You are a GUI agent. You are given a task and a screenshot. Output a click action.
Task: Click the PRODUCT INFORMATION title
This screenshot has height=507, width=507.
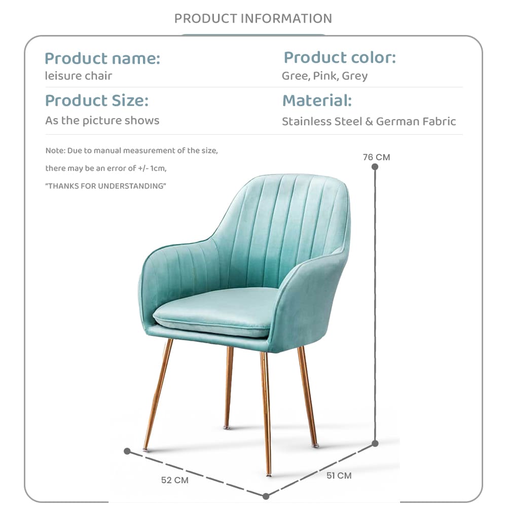pyautogui.click(x=253, y=19)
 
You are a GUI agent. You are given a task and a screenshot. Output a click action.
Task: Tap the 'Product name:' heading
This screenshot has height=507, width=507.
pyautogui.click(x=102, y=58)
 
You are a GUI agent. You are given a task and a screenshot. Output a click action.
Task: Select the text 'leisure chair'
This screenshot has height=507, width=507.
pyautogui.click(x=78, y=76)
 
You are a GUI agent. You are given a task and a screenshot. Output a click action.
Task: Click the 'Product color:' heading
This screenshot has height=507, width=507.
pyautogui.click(x=339, y=57)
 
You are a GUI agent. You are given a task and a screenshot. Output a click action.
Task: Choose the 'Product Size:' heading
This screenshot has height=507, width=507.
pyautogui.click(x=96, y=100)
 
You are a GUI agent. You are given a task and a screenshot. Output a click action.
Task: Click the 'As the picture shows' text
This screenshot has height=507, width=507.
pyautogui.click(x=102, y=121)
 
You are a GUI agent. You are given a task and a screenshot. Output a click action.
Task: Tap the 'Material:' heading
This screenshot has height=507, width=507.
pyautogui.click(x=316, y=100)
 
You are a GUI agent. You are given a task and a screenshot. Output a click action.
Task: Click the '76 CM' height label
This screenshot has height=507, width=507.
pyautogui.click(x=376, y=157)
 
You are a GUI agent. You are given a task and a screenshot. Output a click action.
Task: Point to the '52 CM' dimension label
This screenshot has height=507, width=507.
pyautogui.click(x=174, y=480)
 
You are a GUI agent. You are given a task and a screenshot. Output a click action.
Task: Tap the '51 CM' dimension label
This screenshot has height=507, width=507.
pyautogui.click(x=338, y=476)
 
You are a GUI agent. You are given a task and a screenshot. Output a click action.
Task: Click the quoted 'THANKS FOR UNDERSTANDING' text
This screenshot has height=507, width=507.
pyautogui.click(x=105, y=186)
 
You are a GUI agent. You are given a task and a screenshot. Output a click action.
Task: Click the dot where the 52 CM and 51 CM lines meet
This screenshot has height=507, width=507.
pyautogui.click(x=266, y=495)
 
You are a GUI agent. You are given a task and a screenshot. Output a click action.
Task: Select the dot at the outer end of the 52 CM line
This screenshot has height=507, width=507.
pyautogui.click(x=127, y=451)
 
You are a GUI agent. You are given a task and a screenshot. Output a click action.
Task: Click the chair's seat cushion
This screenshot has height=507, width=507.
pyautogui.click(x=213, y=312)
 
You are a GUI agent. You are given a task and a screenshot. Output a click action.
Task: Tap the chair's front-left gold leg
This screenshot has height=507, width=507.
pyautogui.click(x=157, y=395)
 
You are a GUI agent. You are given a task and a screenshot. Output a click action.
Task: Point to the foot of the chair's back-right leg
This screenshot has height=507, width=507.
pyautogui.click(x=227, y=426)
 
